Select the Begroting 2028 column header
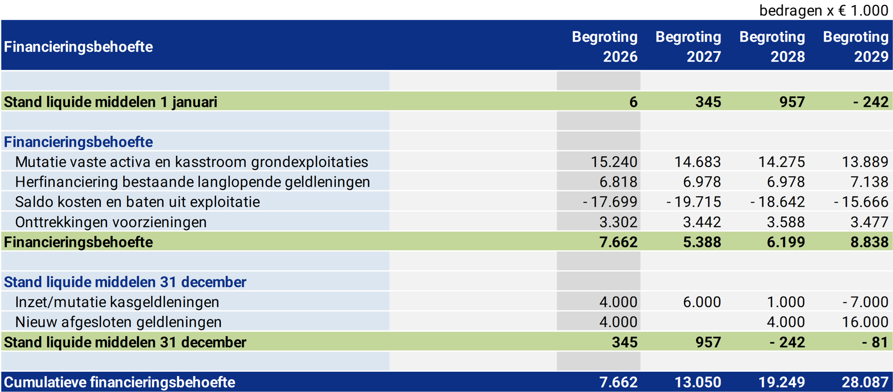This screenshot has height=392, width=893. click(x=772, y=47)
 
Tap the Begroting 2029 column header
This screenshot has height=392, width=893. click(x=855, y=47)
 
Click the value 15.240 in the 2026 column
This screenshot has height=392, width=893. click(x=614, y=162)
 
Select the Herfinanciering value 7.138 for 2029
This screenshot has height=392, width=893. click(x=869, y=182)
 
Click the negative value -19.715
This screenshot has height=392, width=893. click(x=694, y=202)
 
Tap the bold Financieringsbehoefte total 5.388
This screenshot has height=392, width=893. click(x=702, y=242)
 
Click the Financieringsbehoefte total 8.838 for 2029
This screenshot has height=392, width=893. click(x=869, y=242)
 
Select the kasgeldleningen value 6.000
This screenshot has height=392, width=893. click(x=702, y=302)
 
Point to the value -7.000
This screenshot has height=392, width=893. click(x=865, y=302)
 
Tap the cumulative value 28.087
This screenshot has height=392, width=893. click(x=865, y=382)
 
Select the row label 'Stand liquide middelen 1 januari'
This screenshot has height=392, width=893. click(x=111, y=102)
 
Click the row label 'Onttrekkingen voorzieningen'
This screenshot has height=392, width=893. click(x=111, y=222)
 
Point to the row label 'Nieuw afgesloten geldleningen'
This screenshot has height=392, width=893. click(x=118, y=322)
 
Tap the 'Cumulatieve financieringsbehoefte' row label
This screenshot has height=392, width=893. click(x=120, y=382)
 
